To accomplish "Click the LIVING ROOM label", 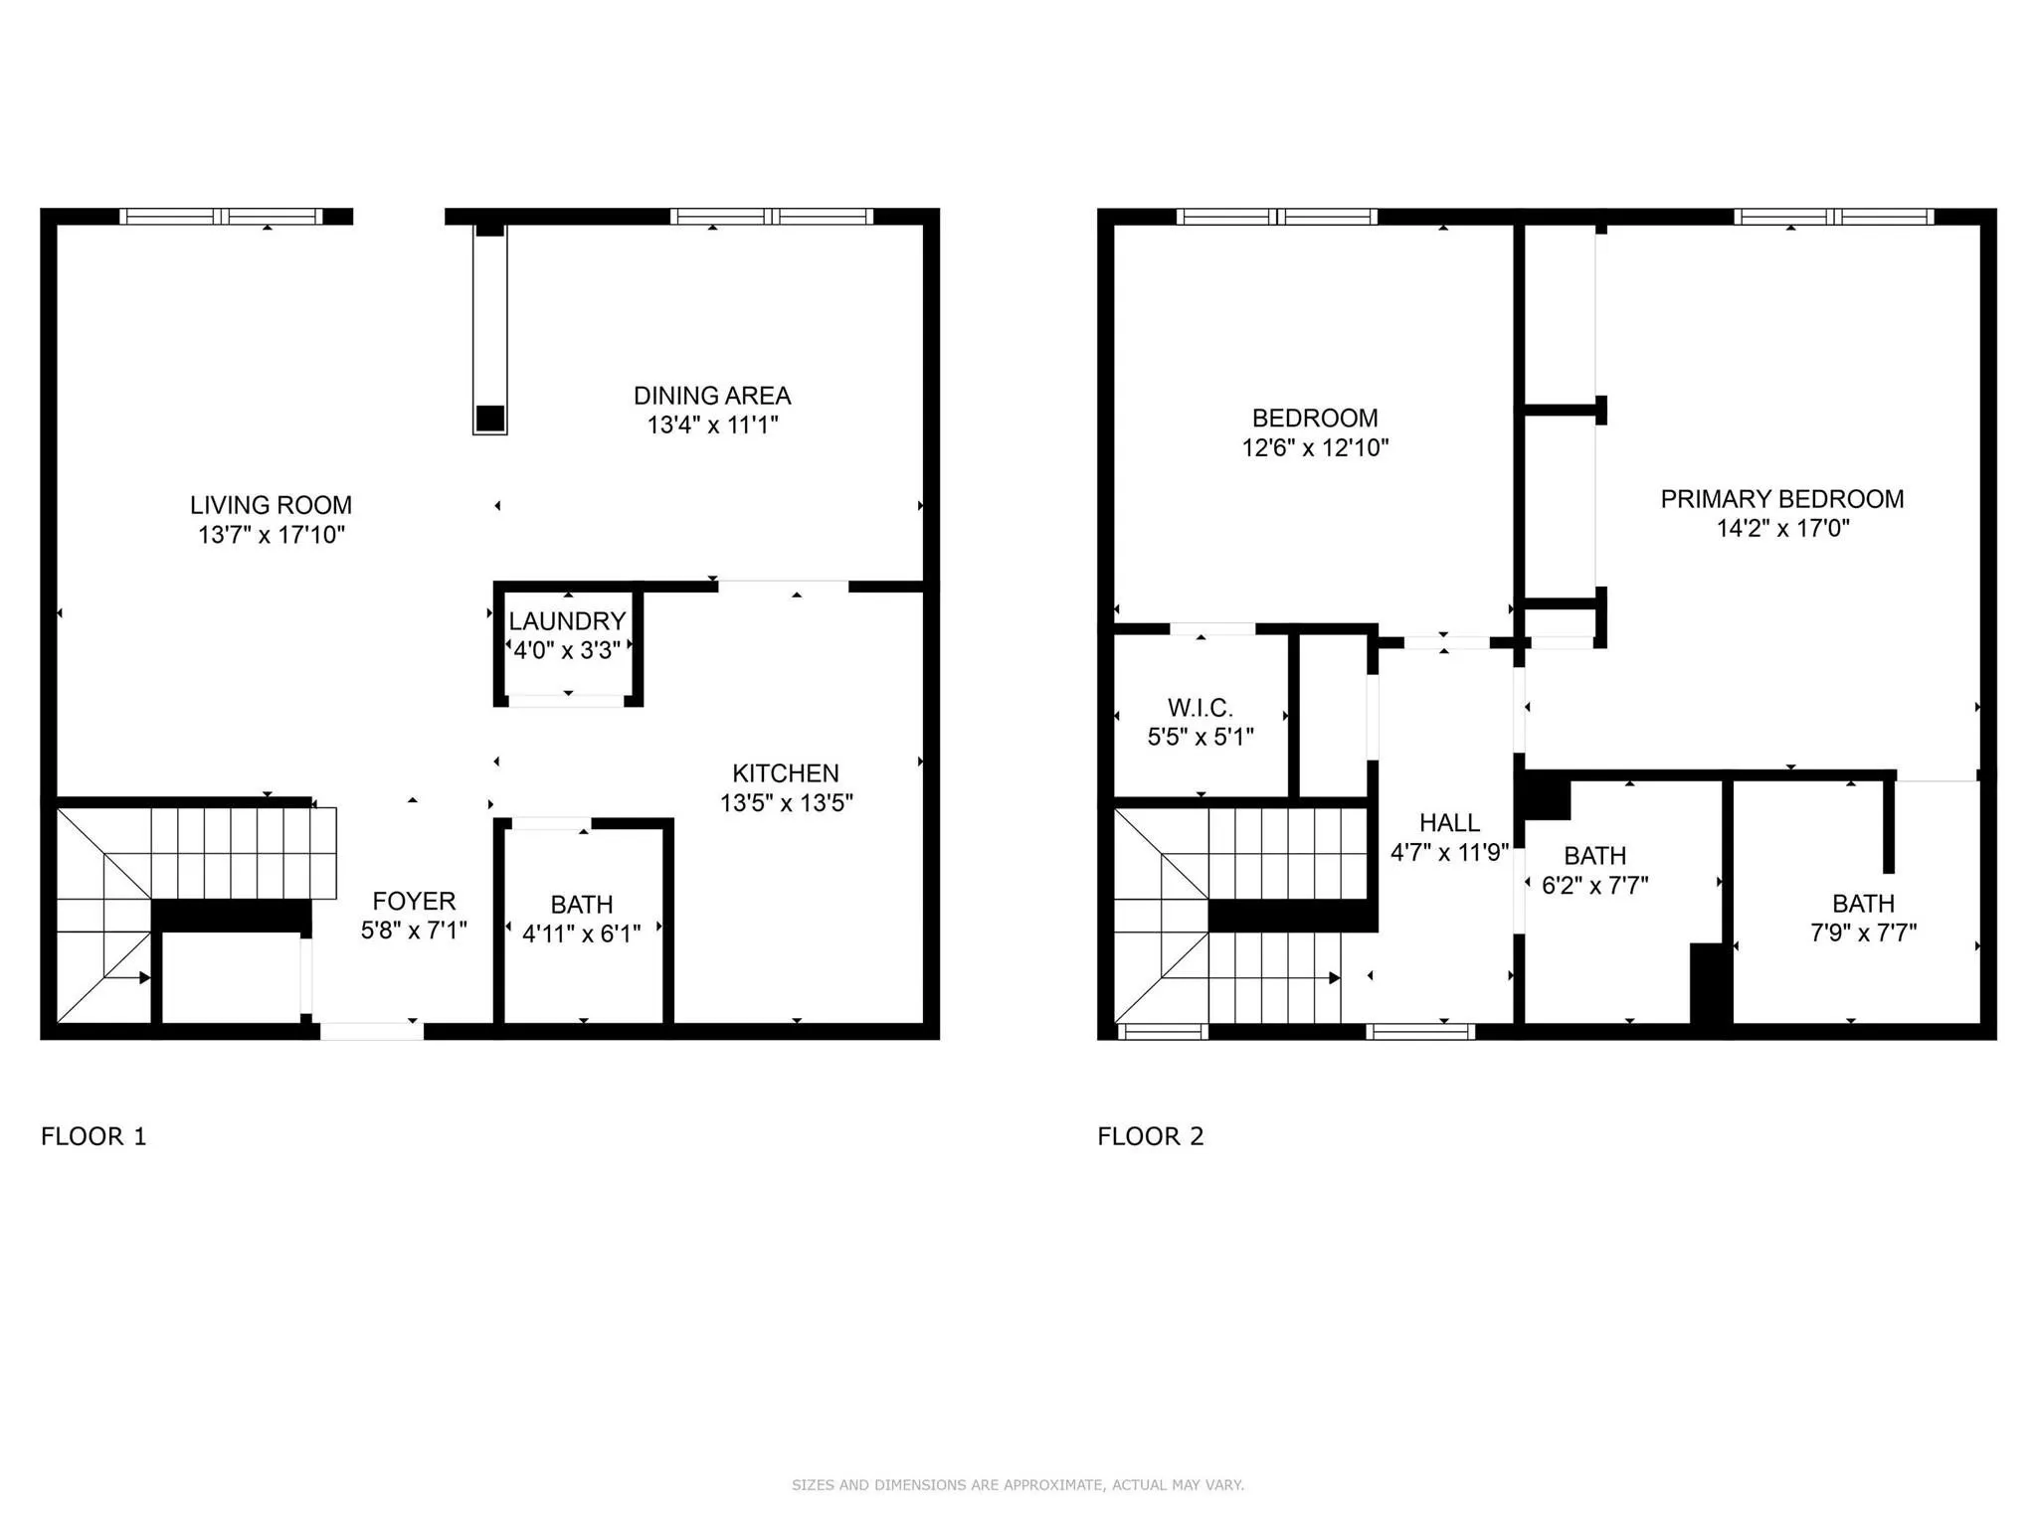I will pos(271,505).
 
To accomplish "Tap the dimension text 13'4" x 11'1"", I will pos(712,425).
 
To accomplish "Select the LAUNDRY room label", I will pos(567,621).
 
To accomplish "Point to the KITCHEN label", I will pos(786,773).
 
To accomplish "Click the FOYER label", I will pos(414,901).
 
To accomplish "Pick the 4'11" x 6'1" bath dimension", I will pos(582,933).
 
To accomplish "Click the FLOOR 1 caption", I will pos(93,1136).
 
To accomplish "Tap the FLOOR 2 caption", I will pos(1151,1136).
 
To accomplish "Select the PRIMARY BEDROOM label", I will pos(1782,499).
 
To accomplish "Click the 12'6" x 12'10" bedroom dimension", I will pos(1315,448).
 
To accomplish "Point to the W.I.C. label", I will pos(1201,708).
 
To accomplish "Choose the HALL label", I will pos(1449,823).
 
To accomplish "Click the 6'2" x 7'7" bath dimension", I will pos(1595,885).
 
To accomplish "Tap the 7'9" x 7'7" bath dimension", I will pos(1863,933).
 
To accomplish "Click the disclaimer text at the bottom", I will pos(1018,1485).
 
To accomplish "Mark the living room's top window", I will pos(221,216).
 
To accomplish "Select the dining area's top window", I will pos(772,216).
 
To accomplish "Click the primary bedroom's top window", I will pos(1834,216).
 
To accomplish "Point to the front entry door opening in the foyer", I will pos(372,1032).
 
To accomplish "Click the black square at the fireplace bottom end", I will pos(489,418).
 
